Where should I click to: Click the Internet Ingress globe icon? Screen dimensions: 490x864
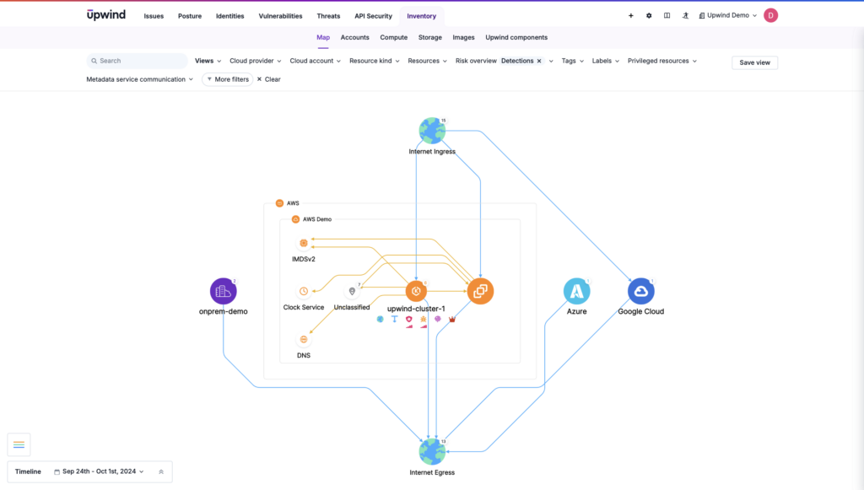432,131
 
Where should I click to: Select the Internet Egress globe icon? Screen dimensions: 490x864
432,451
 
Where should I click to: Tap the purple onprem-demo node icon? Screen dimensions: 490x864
223,291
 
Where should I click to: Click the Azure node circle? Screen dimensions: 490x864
576,291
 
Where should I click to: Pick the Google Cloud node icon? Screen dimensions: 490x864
640,291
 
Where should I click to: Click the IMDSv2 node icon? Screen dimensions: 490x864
304,243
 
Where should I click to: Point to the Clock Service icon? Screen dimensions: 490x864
304,291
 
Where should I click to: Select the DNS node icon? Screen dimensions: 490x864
304,339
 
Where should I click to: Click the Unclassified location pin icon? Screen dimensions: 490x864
352,292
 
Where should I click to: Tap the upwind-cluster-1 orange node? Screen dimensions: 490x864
416,291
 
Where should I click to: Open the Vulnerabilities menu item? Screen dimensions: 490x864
280,16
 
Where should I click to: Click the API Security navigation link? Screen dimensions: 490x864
373,16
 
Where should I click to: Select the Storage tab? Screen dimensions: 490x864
430,37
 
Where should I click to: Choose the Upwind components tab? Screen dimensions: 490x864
516,37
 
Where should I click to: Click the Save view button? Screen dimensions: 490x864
754,62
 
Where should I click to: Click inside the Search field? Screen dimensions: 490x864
139,61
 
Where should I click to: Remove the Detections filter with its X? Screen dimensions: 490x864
539,61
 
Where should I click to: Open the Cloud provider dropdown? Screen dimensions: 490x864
256,61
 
